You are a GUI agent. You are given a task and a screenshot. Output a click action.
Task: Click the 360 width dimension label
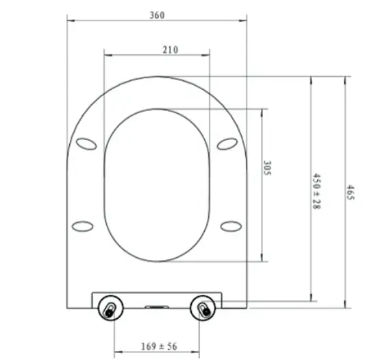click(x=157, y=15)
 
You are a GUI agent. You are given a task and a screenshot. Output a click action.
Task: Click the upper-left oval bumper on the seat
click(x=86, y=143)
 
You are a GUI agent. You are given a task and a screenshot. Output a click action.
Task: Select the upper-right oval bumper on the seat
click(x=227, y=143)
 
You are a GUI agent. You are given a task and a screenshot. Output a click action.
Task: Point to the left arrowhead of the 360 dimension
click(x=70, y=22)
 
